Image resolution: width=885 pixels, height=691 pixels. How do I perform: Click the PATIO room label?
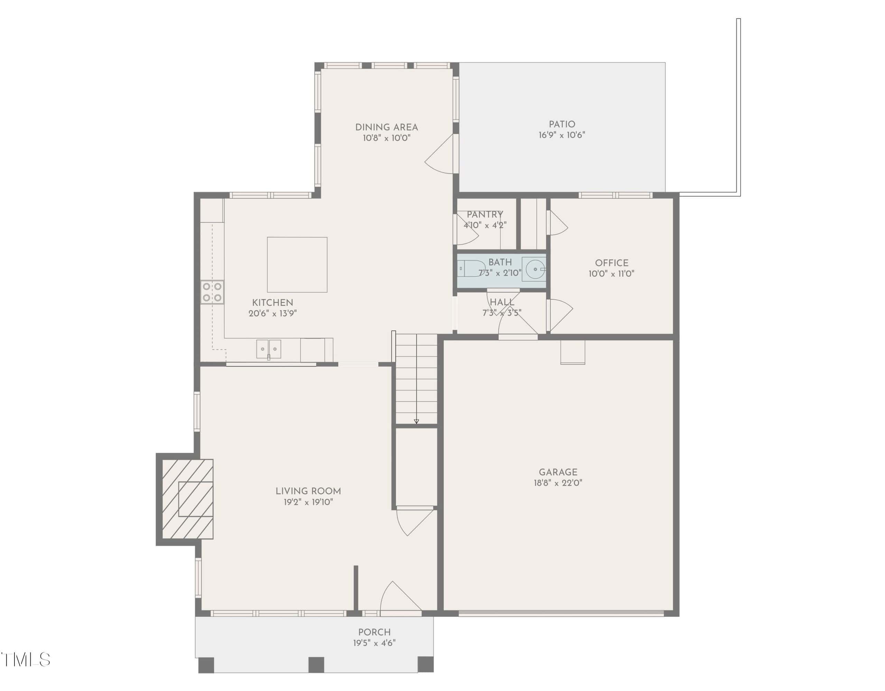point(562,124)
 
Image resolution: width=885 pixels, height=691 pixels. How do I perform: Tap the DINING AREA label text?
point(386,127)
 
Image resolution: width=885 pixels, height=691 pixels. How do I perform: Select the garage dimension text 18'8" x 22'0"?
point(558,483)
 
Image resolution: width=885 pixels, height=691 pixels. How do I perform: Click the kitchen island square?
point(297,265)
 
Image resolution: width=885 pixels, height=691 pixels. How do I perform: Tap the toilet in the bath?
point(471,269)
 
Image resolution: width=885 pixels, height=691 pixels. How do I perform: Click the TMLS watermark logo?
point(25,660)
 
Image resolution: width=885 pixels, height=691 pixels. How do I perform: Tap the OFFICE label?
point(612,263)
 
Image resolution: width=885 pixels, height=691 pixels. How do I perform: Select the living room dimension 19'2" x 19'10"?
point(308,502)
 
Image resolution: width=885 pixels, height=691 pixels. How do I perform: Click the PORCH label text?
point(374,632)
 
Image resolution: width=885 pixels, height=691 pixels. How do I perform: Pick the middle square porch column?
point(316,665)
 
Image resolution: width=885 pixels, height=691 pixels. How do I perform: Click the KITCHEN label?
point(272,303)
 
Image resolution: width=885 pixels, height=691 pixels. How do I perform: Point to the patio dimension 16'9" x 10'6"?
point(562,135)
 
